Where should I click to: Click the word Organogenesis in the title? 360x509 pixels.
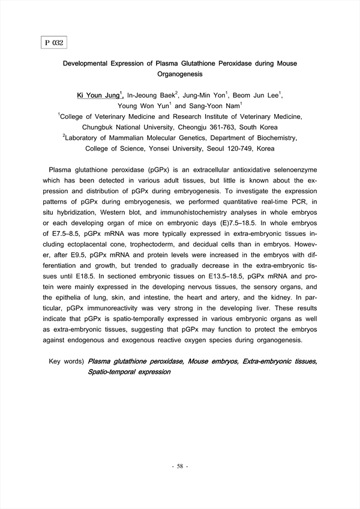click(180, 74)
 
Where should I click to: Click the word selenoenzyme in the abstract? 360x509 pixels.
click(290, 170)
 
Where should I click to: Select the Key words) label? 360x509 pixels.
click(66, 361)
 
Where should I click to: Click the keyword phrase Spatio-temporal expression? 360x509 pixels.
click(129, 372)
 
